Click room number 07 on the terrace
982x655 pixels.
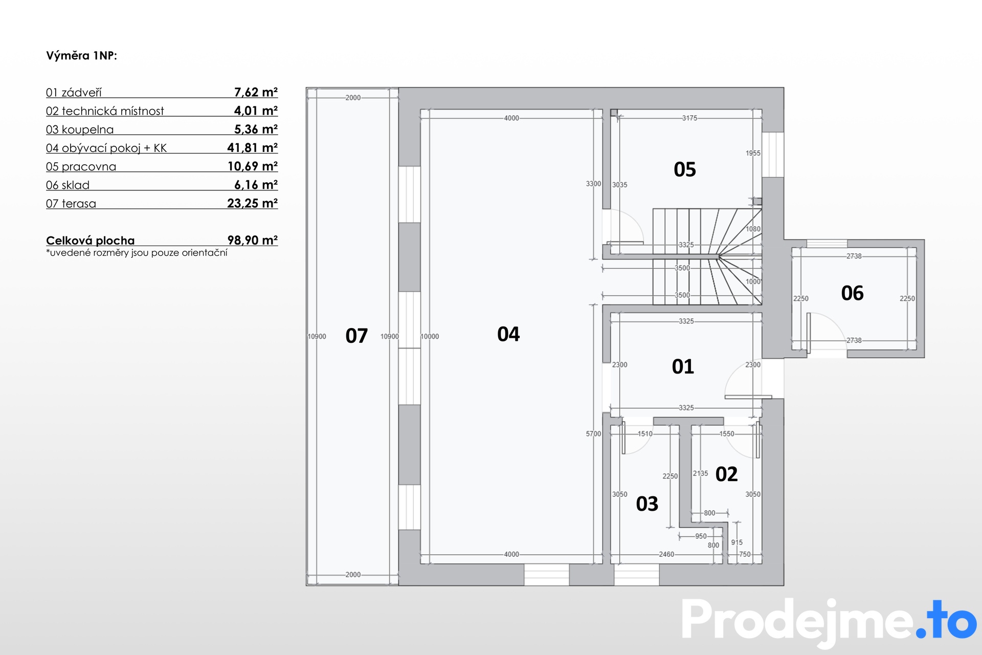pyautogui.click(x=356, y=336)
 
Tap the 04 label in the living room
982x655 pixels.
pyautogui.click(x=508, y=334)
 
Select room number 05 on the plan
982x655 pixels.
pyautogui.click(x=685, y=169)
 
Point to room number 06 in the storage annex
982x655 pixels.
pyautogui.click(x=852, y=293)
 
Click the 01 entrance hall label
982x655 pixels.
pyautogui.click(x=683, y=366)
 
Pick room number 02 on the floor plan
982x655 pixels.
pyautogui.click(x=726, y=474)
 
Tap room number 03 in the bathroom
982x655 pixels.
pyautogui.click(x=647, y=504)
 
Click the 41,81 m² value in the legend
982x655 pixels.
pyautogui.click(x=252, y=148)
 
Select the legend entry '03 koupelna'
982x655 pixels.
pyautogui.click(x=80, y=129)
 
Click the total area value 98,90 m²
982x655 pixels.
pyautogui.click(x=252, y=240)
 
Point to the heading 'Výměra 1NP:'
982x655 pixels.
pyautogui.click(x=82, y=56)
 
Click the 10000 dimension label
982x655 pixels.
pyautogui.click(x=430, y=336)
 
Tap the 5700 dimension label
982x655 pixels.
pyautogui.click(x=593, y=434)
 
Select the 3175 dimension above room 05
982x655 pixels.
pyautogui.click(x=689, y=118)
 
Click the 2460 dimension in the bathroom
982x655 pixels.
pyautogui.click(x=666, y=554)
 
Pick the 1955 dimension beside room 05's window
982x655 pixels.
pyautogui.click(x=753, y=153)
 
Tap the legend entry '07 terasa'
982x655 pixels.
pyautogui.click(x=71, y=204)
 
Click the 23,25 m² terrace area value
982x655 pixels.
pyautogui.click(x=252, y=203)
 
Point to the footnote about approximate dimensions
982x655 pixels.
pyautogui.click(x=137, y=253)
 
